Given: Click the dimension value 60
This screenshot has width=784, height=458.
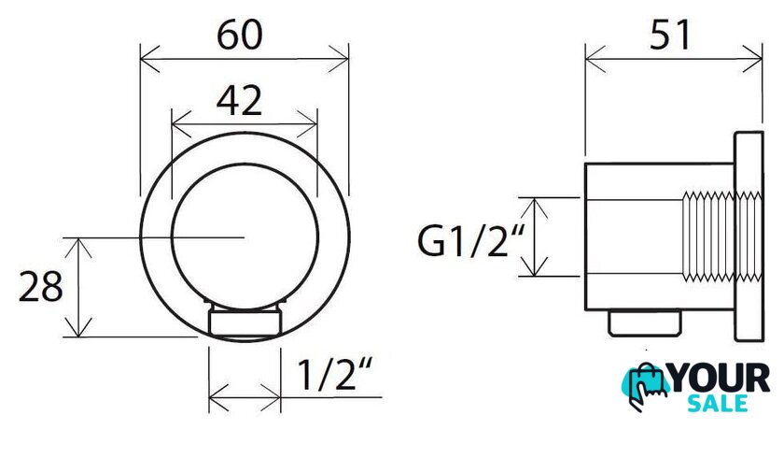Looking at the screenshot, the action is (x=240, y=35).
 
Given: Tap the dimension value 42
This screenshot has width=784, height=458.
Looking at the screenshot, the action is (x=239, y=100).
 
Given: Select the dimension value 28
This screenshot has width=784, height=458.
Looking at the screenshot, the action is (x=40, y=287).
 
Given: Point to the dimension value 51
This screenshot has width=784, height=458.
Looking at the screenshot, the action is (x=670, y=35).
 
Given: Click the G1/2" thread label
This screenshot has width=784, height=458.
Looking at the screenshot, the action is (x=471, y=241).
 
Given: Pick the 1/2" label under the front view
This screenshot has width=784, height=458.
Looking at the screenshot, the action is (x=335, y=374).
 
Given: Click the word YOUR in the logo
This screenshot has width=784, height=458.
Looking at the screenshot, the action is (x=720, y=378).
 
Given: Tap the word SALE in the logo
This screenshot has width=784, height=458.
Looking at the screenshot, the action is (x=718, y=403).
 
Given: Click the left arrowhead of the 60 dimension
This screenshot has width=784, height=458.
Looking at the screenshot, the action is (x=149, y=59).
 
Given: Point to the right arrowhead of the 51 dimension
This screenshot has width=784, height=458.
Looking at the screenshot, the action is (x=753, y=59).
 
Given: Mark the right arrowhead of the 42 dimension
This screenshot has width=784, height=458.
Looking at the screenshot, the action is (x=308, y=123).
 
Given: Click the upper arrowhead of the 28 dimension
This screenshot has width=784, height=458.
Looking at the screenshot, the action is (x=79, y=248).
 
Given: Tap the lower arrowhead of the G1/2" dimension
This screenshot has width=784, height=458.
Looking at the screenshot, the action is (x=535, y=267).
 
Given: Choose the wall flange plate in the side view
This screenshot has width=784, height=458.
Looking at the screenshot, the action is (x=749, y=236).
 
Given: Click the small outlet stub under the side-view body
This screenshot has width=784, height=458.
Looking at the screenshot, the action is (x=645, y=322).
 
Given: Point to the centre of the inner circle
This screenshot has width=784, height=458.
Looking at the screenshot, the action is (x=245, y=236).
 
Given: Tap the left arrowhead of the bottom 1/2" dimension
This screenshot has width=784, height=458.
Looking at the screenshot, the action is (x=218, y=397).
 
